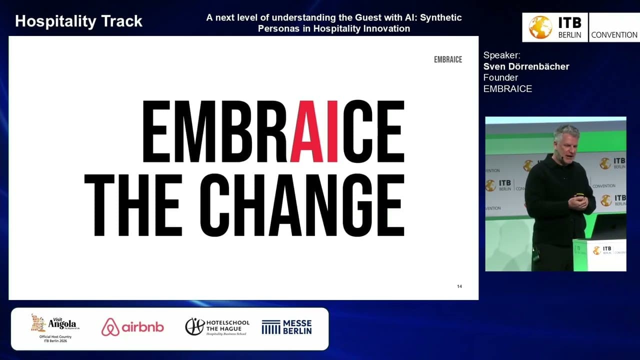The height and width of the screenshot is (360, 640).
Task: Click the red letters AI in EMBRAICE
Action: [314, 131]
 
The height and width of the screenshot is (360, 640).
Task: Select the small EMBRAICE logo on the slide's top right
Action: [448, 59]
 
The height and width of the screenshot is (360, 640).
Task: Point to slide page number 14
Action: [459, 286]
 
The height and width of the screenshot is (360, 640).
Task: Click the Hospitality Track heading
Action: [78, 21]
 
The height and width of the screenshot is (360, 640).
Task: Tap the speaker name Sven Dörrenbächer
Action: [526, 66]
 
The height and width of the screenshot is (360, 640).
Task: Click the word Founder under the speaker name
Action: [500, 77]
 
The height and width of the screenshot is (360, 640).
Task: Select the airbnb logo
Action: [132, 327]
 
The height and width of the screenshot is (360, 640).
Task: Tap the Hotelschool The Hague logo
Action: [217, 327]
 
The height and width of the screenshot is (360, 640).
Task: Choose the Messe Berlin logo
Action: [286, 327]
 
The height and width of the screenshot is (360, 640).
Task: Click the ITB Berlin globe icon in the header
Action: [540, 27]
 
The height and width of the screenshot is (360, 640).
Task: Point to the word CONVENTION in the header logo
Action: [614, 35]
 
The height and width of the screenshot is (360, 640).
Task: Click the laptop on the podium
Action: [607, 227]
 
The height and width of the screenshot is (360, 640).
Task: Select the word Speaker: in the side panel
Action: [501, 55]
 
